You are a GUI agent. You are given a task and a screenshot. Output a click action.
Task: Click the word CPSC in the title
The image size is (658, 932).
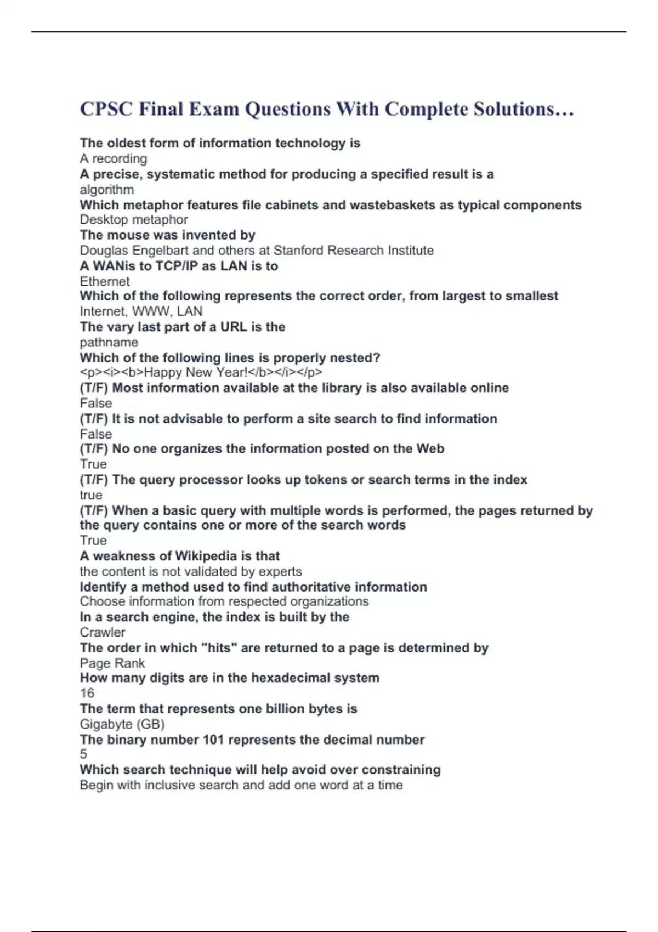point(106,109)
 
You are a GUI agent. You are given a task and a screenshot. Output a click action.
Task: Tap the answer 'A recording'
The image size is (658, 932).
point(114,159)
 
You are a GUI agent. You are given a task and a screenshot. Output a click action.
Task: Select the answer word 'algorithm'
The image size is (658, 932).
point(107,190)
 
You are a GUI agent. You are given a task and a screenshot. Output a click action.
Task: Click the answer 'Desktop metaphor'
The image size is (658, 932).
point(134,220)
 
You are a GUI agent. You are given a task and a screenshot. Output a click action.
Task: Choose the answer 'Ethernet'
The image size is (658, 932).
point(105,281)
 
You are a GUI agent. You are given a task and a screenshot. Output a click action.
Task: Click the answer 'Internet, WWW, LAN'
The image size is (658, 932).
point(141,311)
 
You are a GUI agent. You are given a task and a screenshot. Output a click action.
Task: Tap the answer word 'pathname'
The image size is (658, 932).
point(109,342)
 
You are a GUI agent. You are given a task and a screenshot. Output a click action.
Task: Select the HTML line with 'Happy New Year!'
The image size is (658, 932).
point(201,373)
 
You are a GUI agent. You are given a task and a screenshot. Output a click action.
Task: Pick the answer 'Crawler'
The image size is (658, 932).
point(103,632)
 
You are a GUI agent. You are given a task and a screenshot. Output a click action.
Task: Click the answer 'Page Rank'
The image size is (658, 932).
point(112,663)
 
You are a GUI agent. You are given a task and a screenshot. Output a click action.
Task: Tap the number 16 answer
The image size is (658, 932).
point(87,693)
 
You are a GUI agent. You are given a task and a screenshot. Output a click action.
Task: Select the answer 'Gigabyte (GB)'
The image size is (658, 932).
point(122,724)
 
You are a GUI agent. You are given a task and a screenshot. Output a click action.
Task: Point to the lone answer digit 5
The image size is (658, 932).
point(83,754)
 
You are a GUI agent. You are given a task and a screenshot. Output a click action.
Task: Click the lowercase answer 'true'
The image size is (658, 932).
point(91,495)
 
